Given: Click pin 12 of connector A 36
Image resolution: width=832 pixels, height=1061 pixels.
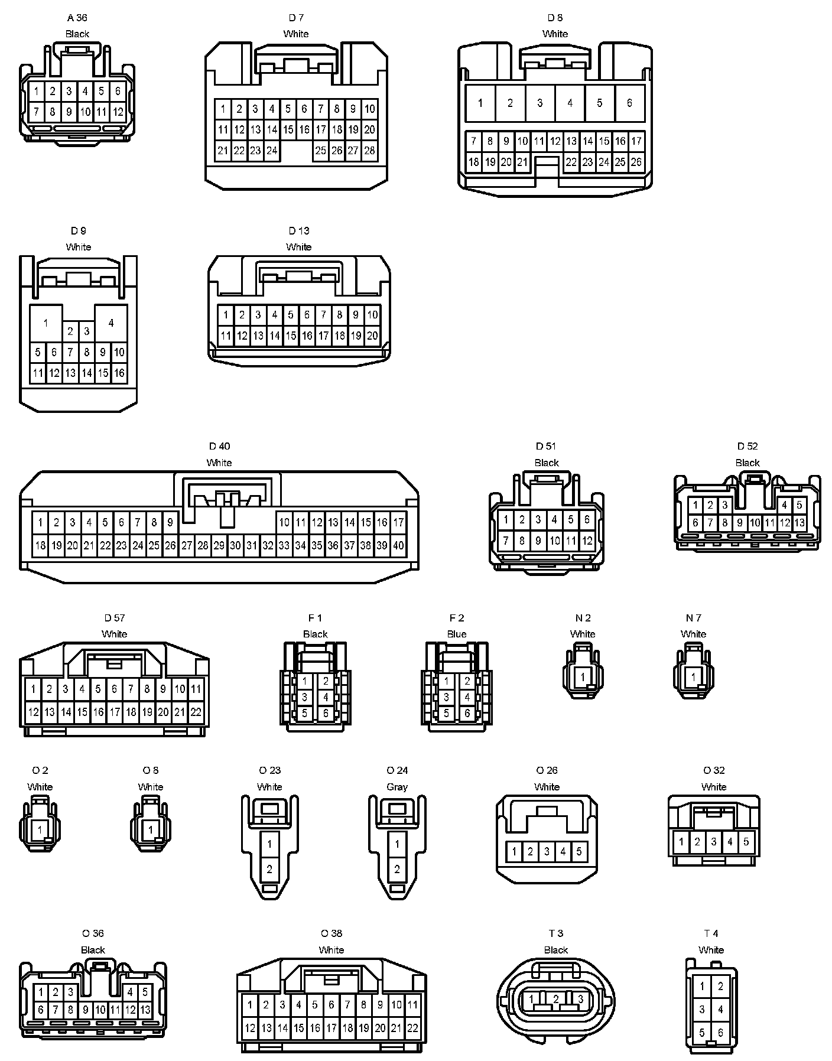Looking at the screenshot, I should pyautogui.click(x=118, y=111).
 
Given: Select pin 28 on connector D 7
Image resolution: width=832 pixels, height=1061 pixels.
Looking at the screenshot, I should pyautogui.click(x=369, y=151).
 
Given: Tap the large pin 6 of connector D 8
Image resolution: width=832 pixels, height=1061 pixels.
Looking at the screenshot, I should pyautogui.click(x=629, y=103).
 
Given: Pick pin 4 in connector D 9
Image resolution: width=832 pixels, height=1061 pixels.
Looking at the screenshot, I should pyautogui.click(x=111, y=323).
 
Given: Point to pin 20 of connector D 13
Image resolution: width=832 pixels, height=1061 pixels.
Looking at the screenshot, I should pyautogui.click(x=372, y=336).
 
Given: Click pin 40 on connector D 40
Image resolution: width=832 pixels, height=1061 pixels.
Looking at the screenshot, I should pyautogui.click(x=398, y=545).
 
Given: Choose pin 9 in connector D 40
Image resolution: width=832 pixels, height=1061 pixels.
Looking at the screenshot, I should pyautogui.click(x=170, y=522).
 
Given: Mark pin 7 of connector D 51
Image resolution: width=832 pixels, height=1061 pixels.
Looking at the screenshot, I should pyautogui.click(x=506, y=540).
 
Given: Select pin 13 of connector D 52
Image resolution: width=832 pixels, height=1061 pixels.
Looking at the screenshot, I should pyautogui.click(x=799, y=523).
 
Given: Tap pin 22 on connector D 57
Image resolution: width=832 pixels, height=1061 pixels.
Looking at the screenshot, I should pyautogui.click(x=195, y=712).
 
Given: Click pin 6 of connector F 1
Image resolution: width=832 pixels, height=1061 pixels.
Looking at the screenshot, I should pyautogui.click(x=326, y=713).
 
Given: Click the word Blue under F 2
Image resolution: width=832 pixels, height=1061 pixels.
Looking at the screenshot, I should pyautogui.click(x=457, y=634).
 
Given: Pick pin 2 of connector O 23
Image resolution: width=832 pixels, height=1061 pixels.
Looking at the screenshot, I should pyautogui.click(x=270, y=869).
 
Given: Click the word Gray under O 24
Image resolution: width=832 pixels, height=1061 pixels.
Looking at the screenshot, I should pyautogui.click(x=397, y=787).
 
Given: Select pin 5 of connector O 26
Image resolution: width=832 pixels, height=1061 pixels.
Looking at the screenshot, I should pyautogui.click(x=579, y=851).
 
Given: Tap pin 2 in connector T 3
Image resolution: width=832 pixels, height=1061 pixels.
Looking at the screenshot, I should pyautogui.click(x=556, y=998).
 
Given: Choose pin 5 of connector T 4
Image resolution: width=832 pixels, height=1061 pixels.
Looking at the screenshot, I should pyautogui.click(x=703, y=1033).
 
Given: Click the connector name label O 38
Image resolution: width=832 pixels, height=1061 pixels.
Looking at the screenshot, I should pyautogui.click(x=331, y=933).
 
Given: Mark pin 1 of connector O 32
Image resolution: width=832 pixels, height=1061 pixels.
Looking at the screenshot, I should pyautogui.click(x=681, y=842).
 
